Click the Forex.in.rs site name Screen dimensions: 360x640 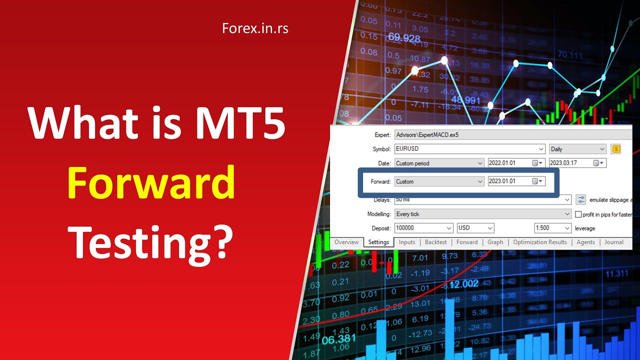coord(255,28)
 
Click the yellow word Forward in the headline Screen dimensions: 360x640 coord(151,182)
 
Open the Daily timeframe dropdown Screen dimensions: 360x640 coord(577,149)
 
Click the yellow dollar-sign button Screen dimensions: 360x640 coord(615,149)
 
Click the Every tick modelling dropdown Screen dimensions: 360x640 coord(482,214)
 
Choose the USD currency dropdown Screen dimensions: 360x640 coord(475,228)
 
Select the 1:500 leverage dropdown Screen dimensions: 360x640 coord(552,228)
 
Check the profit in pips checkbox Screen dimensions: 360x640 coord(578,214)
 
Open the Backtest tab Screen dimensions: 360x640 coord(435,242)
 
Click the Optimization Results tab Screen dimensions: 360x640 coord(540,242)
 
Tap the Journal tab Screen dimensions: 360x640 coord(614,242)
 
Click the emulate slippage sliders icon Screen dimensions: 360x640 coord(581,200)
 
